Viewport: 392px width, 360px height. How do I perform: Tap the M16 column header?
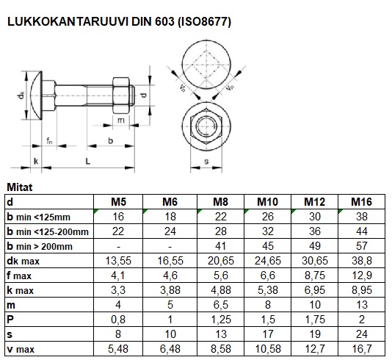[x=360, y=201]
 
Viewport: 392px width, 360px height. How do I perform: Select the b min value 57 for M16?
[x=360, y=245]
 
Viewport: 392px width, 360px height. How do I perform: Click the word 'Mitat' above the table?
[x=19, y=187]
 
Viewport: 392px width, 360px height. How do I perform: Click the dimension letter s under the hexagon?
[x=207, y=160]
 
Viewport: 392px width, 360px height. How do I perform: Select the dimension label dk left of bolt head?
[x=22, y=94]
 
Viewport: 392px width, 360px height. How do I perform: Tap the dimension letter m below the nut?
[x=120, y=120]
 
